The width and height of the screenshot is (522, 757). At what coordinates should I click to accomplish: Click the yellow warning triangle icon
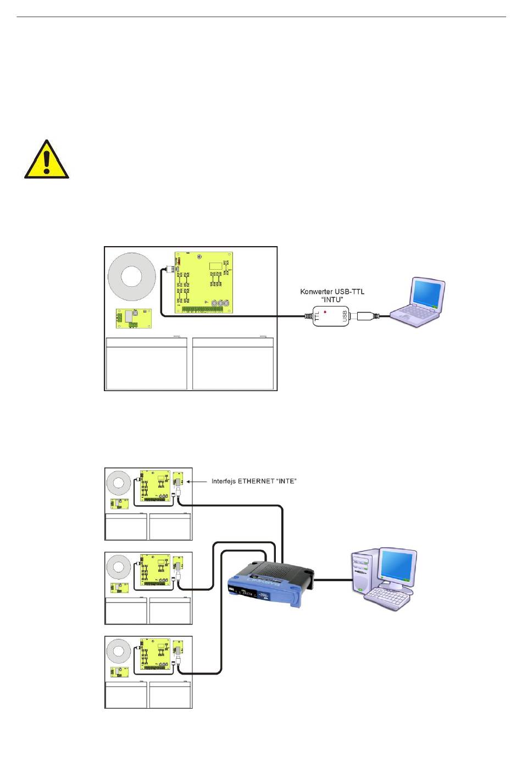[47, 160]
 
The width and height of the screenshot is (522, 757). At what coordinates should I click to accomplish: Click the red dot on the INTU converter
[326, 311]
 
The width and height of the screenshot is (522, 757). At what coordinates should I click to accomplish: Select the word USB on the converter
[345, 316]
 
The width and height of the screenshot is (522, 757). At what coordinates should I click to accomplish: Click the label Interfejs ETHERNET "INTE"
[254, 481]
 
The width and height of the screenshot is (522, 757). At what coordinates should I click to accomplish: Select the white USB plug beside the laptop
[365, 316]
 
